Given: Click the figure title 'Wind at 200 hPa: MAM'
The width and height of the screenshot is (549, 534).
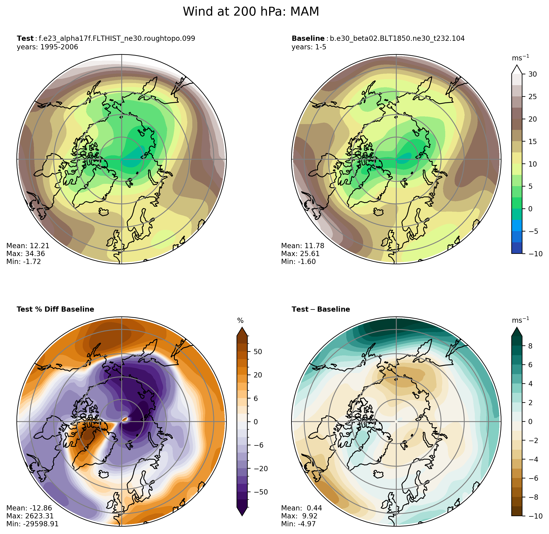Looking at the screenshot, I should point(251,12).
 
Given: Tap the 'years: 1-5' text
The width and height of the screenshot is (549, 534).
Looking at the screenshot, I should point(309,47).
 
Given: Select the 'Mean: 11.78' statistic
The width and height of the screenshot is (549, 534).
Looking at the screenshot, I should point(302,246).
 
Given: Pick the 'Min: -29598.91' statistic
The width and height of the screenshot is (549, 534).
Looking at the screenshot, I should point(32,524).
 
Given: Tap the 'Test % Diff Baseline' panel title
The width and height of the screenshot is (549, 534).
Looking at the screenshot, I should point(55,309).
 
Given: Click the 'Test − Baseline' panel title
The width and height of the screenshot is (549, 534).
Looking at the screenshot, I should point(320,309).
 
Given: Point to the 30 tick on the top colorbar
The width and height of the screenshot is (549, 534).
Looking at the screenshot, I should point(532,74).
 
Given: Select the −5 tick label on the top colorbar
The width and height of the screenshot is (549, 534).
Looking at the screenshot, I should point(533,231).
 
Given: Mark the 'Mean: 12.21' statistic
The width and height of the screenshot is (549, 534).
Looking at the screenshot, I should point(28,246).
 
